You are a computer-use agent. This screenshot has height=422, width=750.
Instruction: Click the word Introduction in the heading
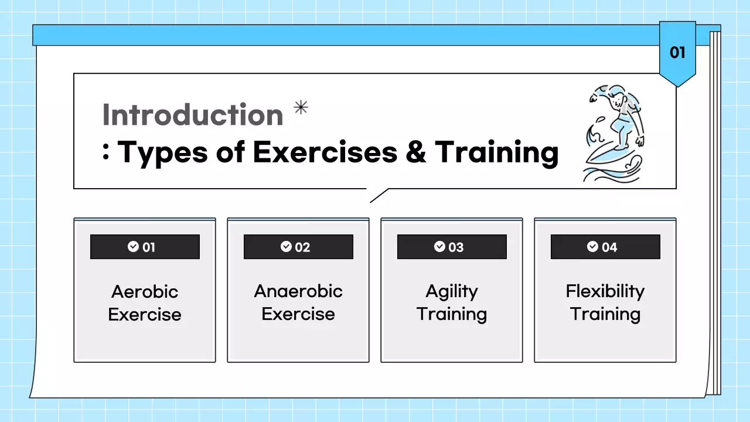[193, 115]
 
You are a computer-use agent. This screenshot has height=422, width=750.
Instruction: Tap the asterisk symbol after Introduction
[301, 107]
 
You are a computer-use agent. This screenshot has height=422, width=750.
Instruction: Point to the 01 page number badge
[677, 53]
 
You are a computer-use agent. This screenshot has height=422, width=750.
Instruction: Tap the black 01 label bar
[145, 247]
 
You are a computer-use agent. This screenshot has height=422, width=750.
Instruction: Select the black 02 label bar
[298, 247]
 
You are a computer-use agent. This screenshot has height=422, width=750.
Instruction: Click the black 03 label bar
[452, 247]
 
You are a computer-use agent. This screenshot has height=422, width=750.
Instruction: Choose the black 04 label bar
[605, 247]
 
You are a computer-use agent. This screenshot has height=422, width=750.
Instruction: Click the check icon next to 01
[133, 246]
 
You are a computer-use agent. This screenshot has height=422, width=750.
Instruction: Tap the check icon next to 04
[593, 246]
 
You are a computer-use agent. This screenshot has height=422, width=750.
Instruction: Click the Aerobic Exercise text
[145, 303]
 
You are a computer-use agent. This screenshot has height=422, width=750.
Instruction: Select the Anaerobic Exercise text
[298, 302]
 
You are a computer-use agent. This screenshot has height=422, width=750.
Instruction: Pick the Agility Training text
[452, 302]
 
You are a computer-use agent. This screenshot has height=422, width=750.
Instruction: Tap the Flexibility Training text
[605, 302]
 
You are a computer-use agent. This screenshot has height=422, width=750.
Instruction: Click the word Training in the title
[496, 152]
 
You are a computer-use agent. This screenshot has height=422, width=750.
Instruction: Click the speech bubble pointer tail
[378, 196]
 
